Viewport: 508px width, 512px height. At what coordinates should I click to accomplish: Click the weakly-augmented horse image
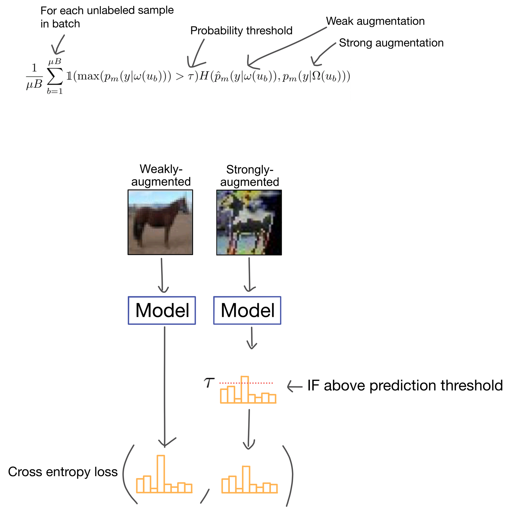[160, 222]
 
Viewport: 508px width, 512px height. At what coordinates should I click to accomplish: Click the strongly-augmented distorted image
[249, 222]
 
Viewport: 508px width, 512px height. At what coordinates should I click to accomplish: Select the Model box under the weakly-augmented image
[162, 310]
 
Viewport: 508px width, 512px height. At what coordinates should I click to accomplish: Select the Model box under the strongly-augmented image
[247, 310]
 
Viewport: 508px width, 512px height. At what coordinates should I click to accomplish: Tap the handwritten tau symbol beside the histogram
[209, 383]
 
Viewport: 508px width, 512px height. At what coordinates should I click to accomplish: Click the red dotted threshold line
[246, 383]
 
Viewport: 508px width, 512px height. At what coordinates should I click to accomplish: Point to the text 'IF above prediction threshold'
[405, 385]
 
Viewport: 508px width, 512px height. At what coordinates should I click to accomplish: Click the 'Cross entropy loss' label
[63, 472]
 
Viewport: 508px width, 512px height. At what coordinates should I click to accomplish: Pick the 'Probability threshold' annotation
[241, 30]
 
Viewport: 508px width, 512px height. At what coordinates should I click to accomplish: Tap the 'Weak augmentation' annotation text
[375, 21]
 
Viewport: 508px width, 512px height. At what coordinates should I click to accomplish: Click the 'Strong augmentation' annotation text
[391, 43]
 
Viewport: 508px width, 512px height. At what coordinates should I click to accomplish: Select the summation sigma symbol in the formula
[55, 76]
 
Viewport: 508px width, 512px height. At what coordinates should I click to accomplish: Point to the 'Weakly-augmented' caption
[161, 175]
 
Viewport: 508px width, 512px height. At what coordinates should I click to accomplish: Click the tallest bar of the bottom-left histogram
[161, 474]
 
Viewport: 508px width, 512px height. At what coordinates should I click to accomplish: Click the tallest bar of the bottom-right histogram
[246, 479]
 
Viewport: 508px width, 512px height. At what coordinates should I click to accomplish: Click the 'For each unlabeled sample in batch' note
[107, 17]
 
